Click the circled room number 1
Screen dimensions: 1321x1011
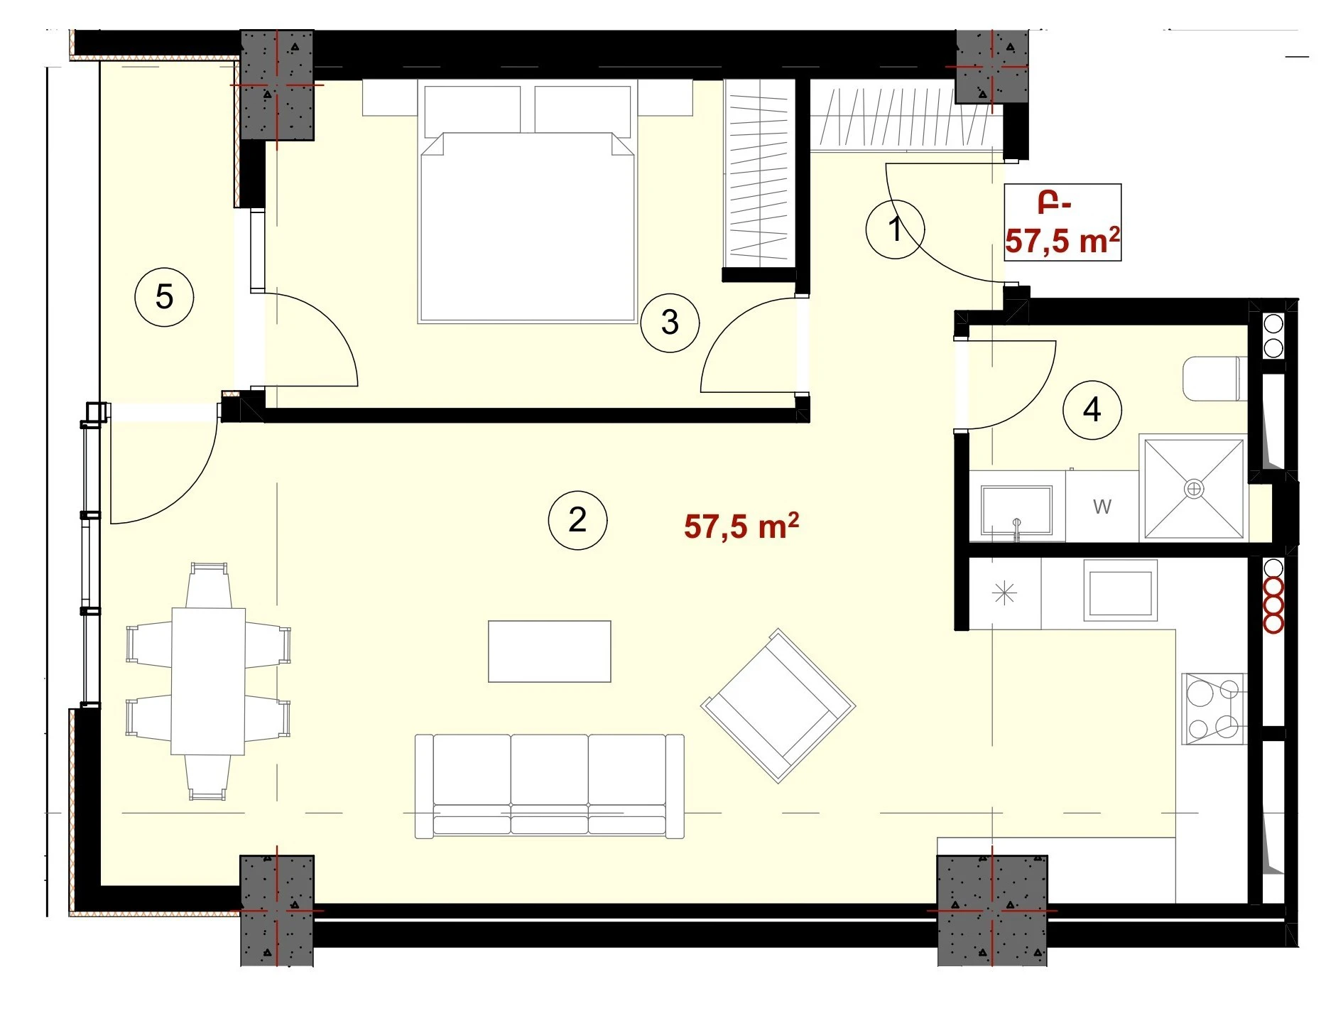[x=895, y=229]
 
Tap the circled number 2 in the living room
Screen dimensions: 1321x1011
[x=577, y=520]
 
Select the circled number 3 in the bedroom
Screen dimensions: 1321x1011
[x=670, y=323]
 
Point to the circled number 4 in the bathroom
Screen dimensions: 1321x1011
[x=1092, y=410]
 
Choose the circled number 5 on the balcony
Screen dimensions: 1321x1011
[x=164, y=297]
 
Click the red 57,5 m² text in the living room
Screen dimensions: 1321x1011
[x=741, y=526]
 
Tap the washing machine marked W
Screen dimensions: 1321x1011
[x=1102, y=506]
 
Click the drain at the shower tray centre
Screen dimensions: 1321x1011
[x=1194, y=489]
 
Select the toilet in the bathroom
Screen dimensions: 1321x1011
[x=1214, y=379]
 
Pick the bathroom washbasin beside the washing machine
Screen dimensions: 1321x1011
[x=1016, y=510]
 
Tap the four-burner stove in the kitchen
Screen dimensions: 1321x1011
[x=1214, y=708]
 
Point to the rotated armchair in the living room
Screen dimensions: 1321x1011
[x=778, y=705]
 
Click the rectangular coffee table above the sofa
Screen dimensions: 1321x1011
[x=549, y=652]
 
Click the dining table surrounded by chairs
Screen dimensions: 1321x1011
[x=208, y=681]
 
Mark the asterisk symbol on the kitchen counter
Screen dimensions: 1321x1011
[x=1004, y=593]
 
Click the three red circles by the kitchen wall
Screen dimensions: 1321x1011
[x=1273, y=605]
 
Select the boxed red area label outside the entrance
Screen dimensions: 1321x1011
[x=1062, y=222]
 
